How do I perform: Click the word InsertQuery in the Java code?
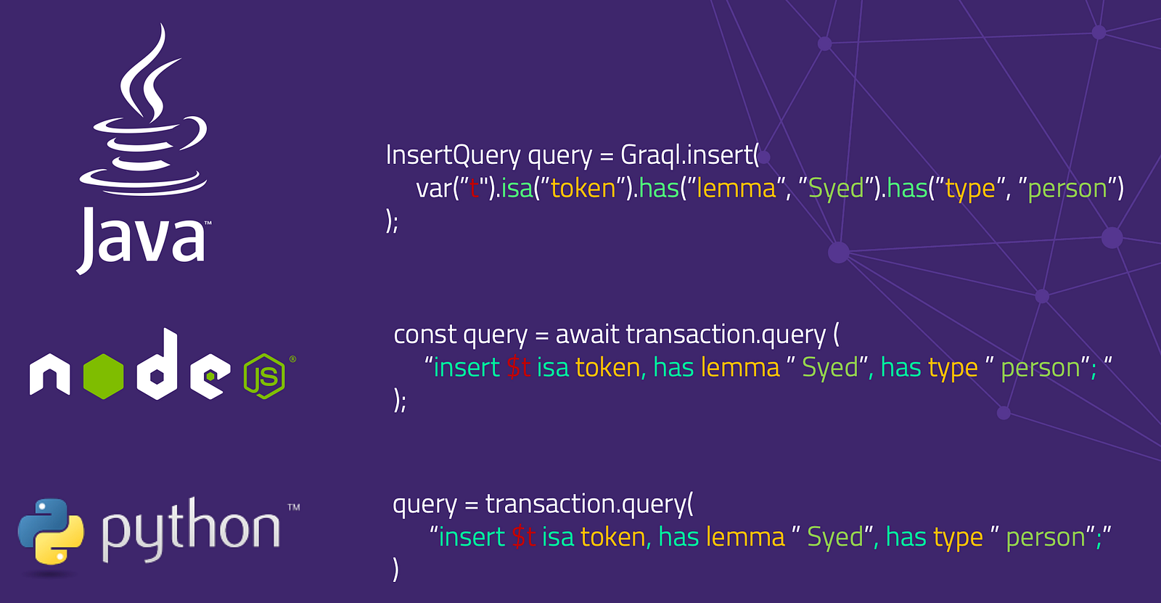[453, 155]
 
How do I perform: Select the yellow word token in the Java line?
[583, 189]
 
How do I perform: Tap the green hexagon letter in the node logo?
[104, 376]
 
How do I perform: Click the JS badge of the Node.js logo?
[264, 376]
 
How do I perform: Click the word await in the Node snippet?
[588, 335]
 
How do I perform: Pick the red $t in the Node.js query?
[519, 368]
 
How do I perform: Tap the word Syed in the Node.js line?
[830, 368]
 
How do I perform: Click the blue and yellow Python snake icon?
[51, 532]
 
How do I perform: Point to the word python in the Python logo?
[190, 530]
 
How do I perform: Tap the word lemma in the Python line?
[746, 538]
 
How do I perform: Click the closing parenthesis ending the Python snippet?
[395, 570]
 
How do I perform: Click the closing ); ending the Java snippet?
[392, 221]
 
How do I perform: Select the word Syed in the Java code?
[836, 189]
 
